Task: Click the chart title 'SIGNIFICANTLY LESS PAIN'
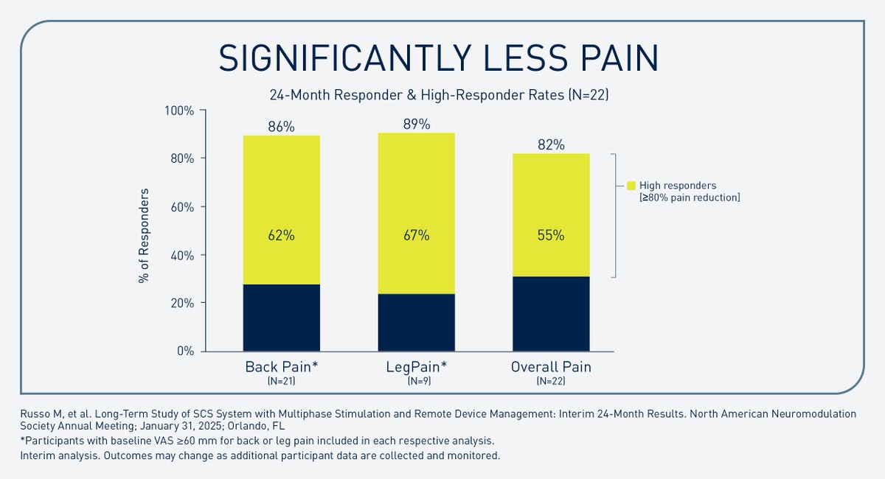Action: [441, 58]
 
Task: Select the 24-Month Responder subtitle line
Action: [441, 95]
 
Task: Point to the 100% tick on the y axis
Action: [178, 111]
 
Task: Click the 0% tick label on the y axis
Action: [184, 351]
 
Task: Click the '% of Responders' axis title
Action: [144, 236]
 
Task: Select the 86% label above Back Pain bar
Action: [281, 127]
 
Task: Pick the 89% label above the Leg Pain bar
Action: [416, 124]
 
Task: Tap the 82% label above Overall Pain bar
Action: [551, 145]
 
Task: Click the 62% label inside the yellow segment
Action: [281, 236]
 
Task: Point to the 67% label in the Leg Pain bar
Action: [416, 236]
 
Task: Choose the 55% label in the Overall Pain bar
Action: [551, 236]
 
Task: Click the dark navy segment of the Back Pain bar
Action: [281, 318]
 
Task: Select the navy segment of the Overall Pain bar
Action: [551, 314]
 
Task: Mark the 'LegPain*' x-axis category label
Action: [416, 367]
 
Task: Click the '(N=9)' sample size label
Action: [416, 381]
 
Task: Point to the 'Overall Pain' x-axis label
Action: [551, 367]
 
